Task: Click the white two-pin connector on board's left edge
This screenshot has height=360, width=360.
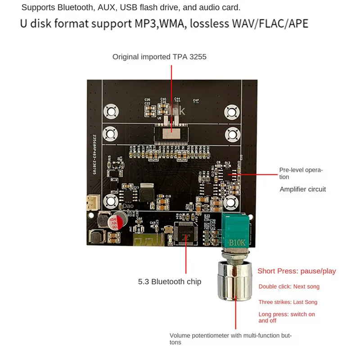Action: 92,203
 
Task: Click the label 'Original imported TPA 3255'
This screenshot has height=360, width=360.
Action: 159,57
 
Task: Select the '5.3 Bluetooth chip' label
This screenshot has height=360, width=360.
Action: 169,282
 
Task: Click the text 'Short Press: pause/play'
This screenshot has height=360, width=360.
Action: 297,271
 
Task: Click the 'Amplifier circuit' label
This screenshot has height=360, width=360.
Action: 303,189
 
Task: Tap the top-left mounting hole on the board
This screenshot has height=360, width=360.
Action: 109,110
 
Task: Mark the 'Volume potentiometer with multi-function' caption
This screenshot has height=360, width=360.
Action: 230,336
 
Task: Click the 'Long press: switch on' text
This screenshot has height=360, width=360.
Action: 287,314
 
